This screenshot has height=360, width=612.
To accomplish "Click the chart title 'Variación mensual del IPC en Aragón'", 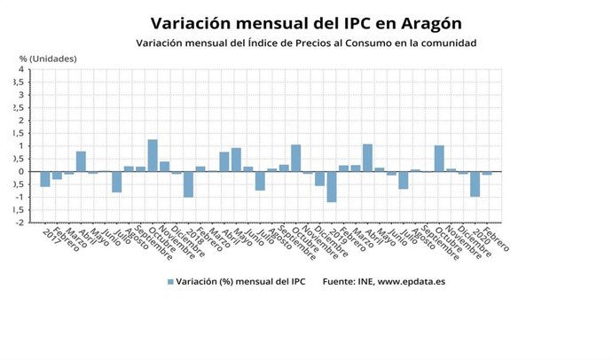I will (x=306, y=21).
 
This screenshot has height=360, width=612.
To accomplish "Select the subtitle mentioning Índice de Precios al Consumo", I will (x=306, y=43).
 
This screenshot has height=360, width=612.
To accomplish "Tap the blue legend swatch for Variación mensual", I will (x=170, y=282).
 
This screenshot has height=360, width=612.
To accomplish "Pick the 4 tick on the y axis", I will (x=20, y=69).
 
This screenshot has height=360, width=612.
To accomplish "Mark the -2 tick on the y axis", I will (x=19, y=223).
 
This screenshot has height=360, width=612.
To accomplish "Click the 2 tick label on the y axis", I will (x=20, y=121).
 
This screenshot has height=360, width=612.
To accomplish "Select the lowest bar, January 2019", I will (x=332, y=186).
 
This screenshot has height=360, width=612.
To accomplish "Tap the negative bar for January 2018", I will (x=188, y=184).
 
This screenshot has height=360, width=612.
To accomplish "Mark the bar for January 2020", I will (x=475, y=184).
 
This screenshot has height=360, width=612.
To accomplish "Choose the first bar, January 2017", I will (x=45, y=178).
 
